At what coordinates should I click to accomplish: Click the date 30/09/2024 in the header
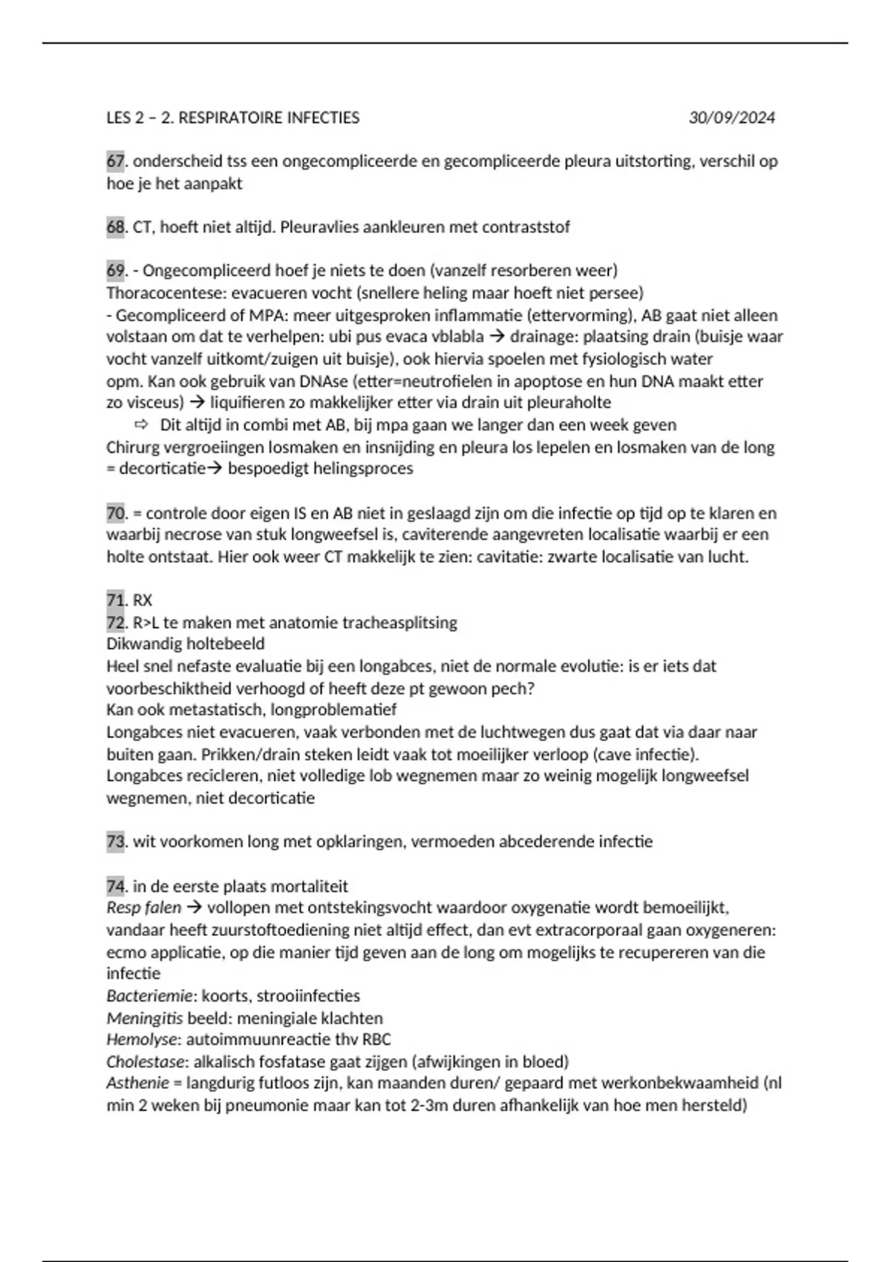pyautogui.click(x=731, y=118)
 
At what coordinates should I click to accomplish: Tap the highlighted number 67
pyautogui.click(x=115, y=161)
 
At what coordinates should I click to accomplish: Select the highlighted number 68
pyautogui.click(x=115, y=227)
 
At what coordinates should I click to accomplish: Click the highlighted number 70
pyautogui.click(x=115, y=513)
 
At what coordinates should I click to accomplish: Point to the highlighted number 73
pyautogui.click(x=115, y=842)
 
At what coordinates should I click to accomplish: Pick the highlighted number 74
pyautogui.click(x=115, y=886)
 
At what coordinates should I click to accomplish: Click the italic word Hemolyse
pyautogui.click(x=142, y=1040)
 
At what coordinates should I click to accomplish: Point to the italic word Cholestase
pyautogui.click(x=146, y=1062)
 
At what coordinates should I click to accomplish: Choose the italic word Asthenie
pyautogui.click(x=137, y=1084)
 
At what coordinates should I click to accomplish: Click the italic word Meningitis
pyautogui.click(x=144, y=1019)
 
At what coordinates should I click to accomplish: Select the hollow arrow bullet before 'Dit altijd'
pyautogui.click(x=141, y=425)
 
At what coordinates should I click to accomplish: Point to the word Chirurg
pyautogui.click(x=133, y=448)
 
